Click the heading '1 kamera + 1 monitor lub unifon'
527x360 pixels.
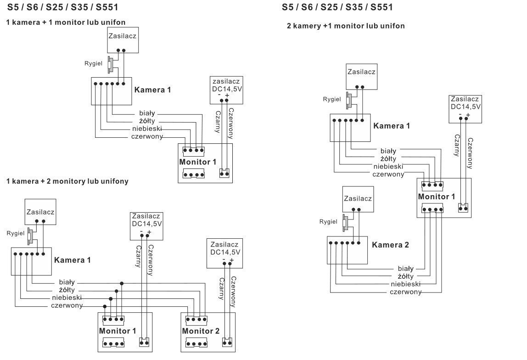pos(66,22)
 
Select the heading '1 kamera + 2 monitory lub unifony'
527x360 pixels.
pos(67,181)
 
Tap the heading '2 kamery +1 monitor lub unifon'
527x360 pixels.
pos(346,26)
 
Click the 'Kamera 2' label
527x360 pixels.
pos(390,245)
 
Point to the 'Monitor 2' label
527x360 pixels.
pos(201,331)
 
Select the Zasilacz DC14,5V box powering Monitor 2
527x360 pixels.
pos(225,253)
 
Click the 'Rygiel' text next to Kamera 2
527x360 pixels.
pos(328,222)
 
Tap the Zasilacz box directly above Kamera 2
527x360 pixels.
pos(358,199)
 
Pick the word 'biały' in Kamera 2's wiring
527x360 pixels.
pos(405,269)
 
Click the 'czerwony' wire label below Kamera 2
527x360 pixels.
pos(406,292)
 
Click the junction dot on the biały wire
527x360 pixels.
pos(121,283)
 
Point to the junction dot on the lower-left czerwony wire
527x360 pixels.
pos(105,306)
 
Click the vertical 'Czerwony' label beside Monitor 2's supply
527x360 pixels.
pos(234,291)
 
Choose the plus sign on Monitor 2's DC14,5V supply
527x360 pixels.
pos(232,260)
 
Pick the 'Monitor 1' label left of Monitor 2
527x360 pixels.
pos(118,331)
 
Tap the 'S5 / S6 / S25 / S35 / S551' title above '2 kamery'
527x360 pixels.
pos(337,7)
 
